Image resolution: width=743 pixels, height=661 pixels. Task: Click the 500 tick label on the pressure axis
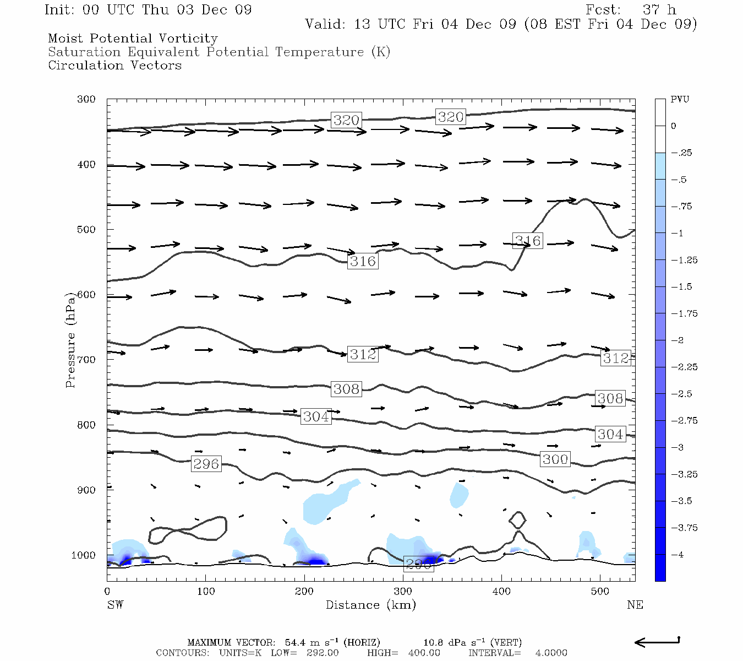pyautogui.click(x=86, y=230)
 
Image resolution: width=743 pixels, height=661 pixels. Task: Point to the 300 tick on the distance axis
pyautogui.click(x=403, y=592)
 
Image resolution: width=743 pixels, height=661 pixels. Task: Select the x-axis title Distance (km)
pyautogui.click(x=370, y=605)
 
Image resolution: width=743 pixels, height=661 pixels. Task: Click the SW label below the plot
pyautogui.click(x=115, y=605)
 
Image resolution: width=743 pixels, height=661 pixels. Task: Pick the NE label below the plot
pyautogui.click(x=635, y=605)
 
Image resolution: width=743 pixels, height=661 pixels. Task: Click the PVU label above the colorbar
pyautogui.click(x=680, y=100)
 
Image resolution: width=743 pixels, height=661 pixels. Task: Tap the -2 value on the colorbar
pyautogui.click(x=678, y=340)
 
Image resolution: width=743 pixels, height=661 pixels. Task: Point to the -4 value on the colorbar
pyautogui.click(x=678, y=555)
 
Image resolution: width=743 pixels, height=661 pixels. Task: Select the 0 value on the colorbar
pyautogui.click(x=674, y=126)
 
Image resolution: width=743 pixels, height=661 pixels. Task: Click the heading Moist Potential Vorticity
pyautogui.click(x=133, y=39)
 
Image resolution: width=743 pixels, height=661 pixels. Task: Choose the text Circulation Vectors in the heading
pyautogui.click(x=114, y=66)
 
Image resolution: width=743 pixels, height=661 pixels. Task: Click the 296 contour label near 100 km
pyautogui.click(x=206, y=464)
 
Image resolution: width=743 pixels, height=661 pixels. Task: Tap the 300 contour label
pyautogui.click(x=555, y=459)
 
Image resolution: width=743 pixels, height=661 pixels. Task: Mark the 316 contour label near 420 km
pyautogui.click(x=528, y=241)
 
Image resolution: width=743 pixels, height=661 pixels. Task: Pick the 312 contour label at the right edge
pyautogui.click(x=615, y=358)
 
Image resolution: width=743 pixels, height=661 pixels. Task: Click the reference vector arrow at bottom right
pyautogui.click(x=657, y=642)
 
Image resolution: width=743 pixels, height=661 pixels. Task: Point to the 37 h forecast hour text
pyautogui.click(x=659, y=10)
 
